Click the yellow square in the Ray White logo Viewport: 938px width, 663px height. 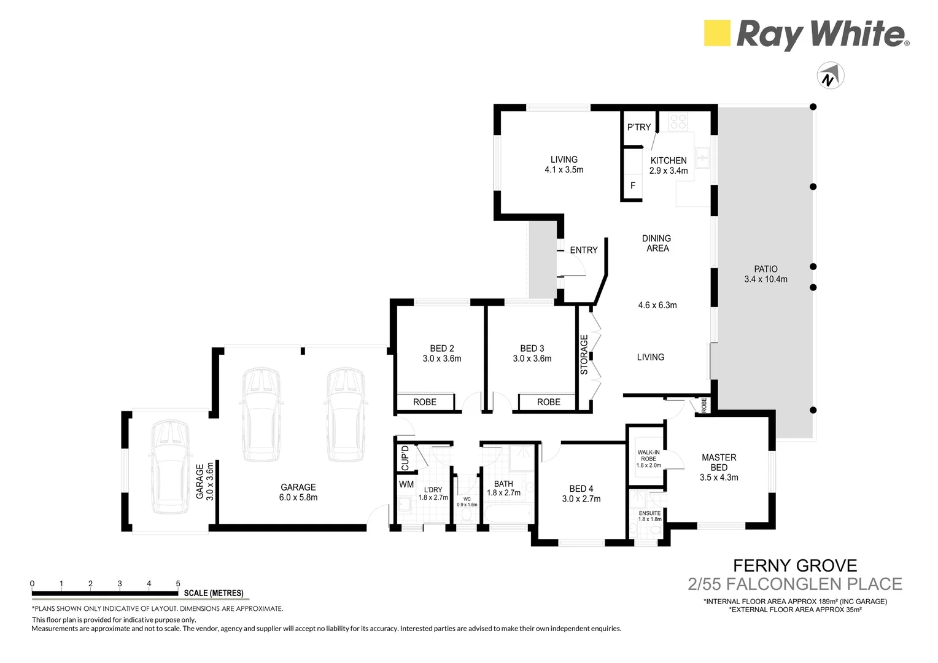tap(716, 33)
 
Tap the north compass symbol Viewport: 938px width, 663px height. tap(830, 76)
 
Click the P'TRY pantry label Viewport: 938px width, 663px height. tap(638, 127)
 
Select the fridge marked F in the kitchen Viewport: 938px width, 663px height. tap(633, 185)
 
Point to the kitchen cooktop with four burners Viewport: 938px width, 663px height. tap(678, 122)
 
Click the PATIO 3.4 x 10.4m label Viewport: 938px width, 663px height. tap(766, 274)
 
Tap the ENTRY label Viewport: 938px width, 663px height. tap(583, 250)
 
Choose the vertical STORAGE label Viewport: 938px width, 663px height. tap(584, 355)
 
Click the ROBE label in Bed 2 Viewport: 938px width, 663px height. tap(424, 402)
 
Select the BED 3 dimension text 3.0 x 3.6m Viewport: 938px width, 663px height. tap(532, 359)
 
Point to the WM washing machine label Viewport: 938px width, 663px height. tap(406, 484)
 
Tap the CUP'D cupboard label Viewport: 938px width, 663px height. tap(405, 457)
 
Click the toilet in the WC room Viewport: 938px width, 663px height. tap(467, 513)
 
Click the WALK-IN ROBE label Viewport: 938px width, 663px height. tap(648, 459)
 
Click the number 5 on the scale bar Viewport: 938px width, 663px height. tap(178, 583)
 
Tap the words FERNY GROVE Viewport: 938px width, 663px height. tap(795, 565)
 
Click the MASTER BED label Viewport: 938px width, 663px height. tap(719, 462)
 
